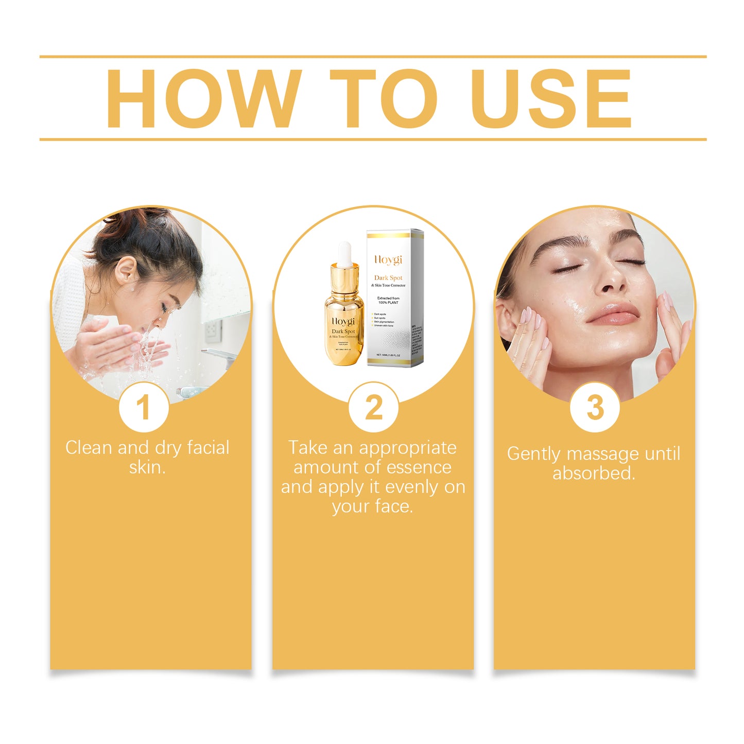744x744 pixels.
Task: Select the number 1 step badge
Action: pyautogui.click(x=144, y=407)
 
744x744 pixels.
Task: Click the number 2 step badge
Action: pyautogui.click(x=373, y=407)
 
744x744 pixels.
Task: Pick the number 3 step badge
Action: pyautogui.click(x=595, y=407)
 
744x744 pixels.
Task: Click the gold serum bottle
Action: pyautogui.click(x=343, y=319)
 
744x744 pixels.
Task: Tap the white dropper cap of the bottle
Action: pyautogui.click(x=344, y=253)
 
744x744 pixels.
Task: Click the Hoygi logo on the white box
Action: pyautogui.click(x=388, y=260)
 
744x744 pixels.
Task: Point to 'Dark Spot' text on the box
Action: pyautogui.click(x=388, y=278)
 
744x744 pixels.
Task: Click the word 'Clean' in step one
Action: pyautogui.click(x=89, y=447)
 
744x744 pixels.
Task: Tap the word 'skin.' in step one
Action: pyautogui.click(x=147, y=468)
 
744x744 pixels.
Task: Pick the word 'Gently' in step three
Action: pyautogui.click(x=533, y=454)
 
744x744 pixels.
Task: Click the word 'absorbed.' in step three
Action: pyautogui.click(x=594, y=473)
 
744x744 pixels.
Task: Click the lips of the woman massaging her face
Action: pyautogui.click(x=612, y=313)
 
